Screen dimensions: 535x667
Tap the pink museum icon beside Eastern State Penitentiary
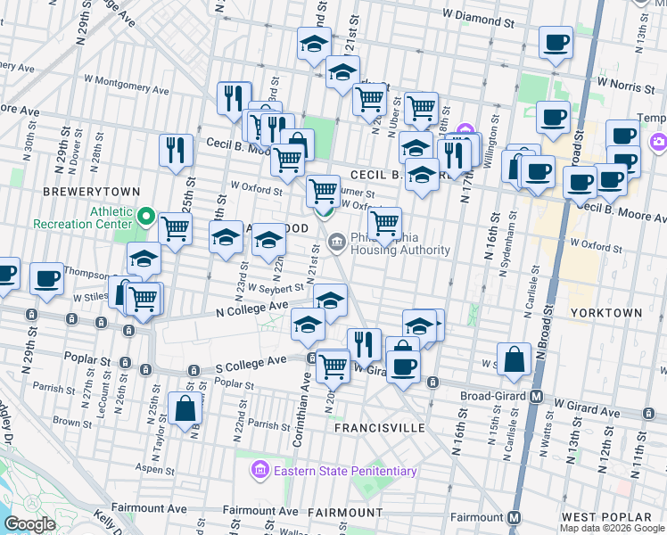[259, 469]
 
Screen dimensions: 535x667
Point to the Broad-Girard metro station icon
[538, 396]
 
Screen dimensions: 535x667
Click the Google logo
[30, 524]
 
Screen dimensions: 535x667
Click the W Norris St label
[625, 81]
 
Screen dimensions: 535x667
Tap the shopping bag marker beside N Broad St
[515, 358]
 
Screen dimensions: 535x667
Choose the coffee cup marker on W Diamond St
[556, 42]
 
